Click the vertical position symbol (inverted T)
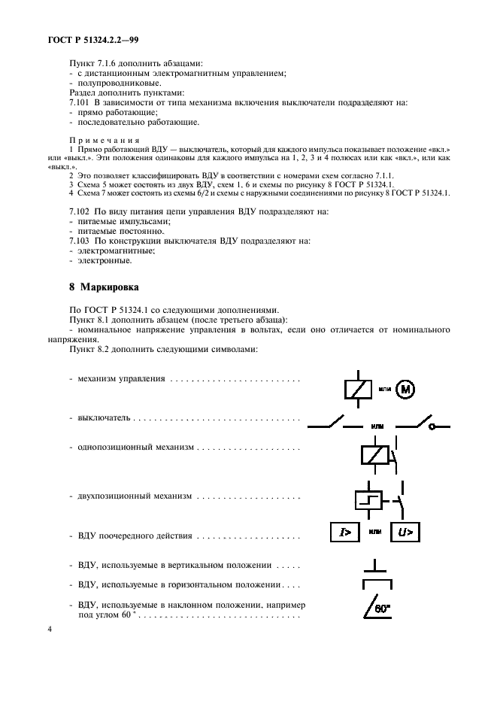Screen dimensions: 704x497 coord(375,565)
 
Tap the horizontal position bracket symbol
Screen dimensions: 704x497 coord(376,584)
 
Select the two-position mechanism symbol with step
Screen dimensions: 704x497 coord(369,499)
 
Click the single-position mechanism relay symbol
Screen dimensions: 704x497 coord(374,456)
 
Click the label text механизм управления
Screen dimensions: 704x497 coord(121,378)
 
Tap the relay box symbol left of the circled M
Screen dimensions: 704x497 coord(356,389)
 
